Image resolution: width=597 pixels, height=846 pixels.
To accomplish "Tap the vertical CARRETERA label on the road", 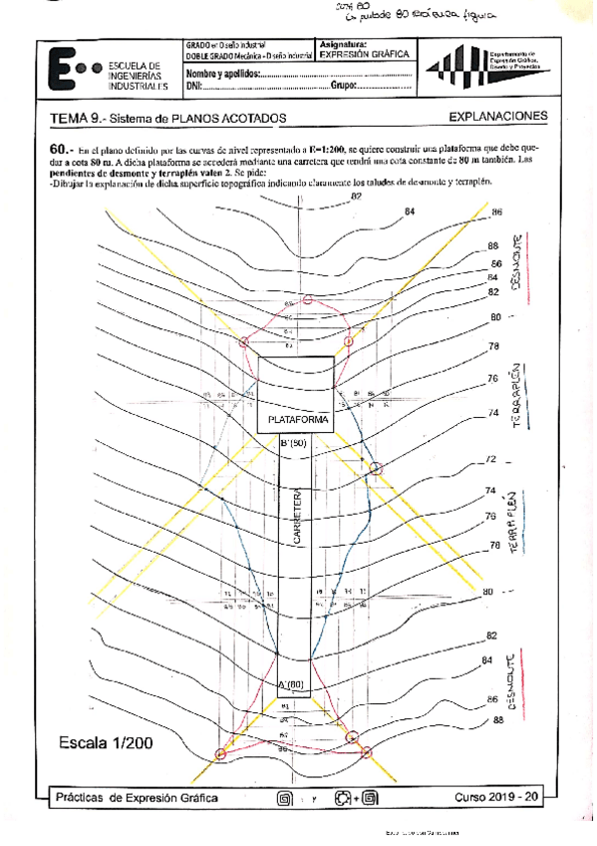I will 296,517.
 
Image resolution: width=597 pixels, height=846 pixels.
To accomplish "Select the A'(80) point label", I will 293,683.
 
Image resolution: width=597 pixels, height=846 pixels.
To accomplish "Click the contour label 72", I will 490,460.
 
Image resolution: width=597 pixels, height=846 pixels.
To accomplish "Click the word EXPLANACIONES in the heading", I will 498,117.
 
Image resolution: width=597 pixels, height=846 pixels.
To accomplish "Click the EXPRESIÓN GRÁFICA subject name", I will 364,56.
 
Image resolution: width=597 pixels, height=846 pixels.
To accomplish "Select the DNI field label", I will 194,88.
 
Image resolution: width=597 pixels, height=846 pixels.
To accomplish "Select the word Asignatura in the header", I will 343,45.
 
